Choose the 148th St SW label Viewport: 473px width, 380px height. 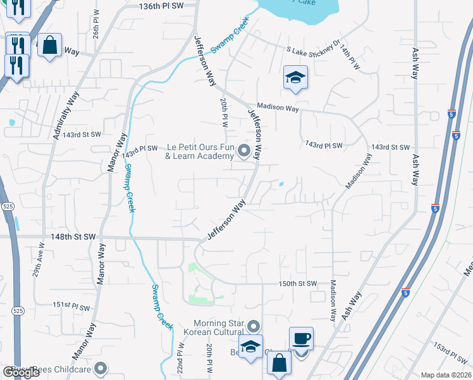coord(73,236)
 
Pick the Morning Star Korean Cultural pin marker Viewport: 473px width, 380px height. coord(254,326)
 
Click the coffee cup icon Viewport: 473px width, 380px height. coord(301,338)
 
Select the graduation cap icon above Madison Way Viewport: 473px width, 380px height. coord(295,77)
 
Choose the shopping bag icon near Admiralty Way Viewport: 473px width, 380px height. coord(49,45)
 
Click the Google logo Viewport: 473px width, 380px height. coord(21,372)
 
